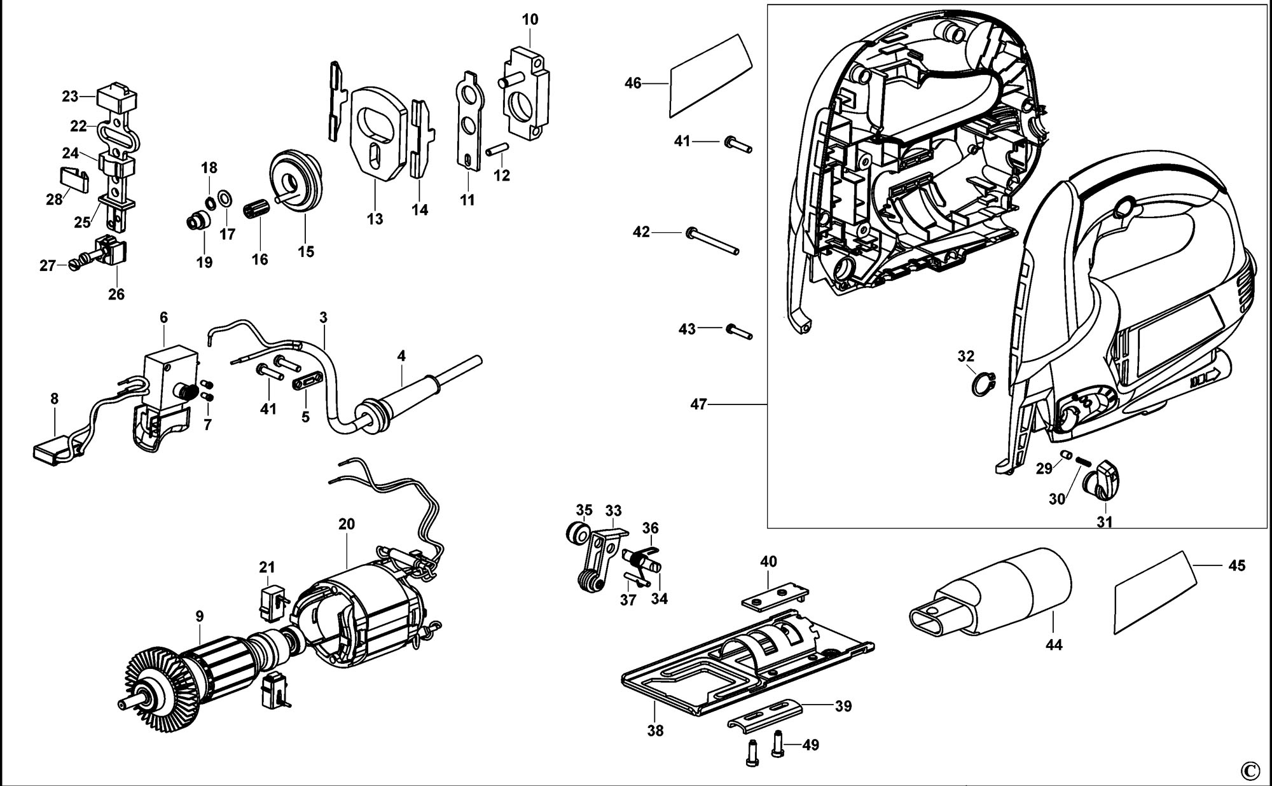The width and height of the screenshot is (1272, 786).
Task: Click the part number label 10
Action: [x=530, y=20]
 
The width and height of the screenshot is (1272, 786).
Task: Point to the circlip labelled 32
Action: [x=983, y=383]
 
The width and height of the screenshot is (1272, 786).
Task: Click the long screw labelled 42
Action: [x=712, y=242]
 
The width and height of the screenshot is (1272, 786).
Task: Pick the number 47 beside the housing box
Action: [x=698, y=404]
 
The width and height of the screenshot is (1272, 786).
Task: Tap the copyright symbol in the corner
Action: [x=1249, y=770]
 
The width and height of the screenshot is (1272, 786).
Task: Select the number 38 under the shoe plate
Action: [x=655, y=730]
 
